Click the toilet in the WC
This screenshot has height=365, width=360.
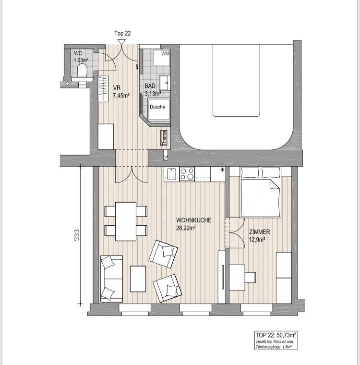82,71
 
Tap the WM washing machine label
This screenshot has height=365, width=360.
165,53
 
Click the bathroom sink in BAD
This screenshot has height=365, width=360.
165,83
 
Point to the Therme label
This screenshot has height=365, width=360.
164,138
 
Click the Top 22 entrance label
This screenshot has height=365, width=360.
122,33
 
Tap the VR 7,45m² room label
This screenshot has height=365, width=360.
121,91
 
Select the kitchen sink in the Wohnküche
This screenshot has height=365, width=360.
171,174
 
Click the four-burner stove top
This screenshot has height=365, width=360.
187,174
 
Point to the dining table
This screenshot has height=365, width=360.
126,221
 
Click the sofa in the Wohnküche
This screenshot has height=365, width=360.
111,279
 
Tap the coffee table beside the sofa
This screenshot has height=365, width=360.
138,279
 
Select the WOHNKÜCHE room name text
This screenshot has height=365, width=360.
193,220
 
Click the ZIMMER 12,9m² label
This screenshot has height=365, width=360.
260,236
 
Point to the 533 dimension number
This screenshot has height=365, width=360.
77,235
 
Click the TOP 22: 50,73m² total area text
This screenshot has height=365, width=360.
276,335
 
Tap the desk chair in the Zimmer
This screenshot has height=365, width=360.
251,277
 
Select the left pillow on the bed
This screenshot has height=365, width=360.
250,173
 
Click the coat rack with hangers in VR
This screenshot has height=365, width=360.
103,89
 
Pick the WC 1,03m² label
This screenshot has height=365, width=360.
81,57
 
